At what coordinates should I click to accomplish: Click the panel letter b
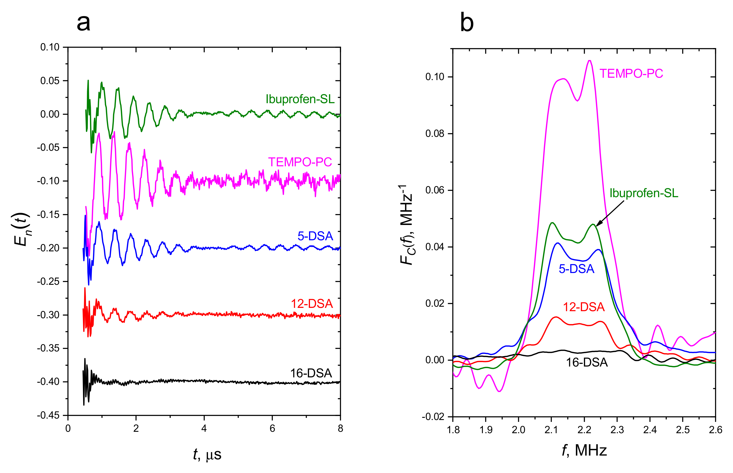(x=467, y=23)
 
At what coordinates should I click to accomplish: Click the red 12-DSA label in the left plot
(x=312, y=304)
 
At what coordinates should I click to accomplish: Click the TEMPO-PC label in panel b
(x=631, y=74)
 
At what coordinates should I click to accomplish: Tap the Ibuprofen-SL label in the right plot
(x=644, y=193)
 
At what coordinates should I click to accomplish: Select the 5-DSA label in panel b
(x=576, y=269)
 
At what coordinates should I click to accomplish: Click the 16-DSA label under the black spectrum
(x=586, y=363)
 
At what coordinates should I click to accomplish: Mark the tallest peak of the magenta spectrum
(x=590, y=61)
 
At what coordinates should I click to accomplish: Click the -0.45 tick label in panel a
(x=48, y=415)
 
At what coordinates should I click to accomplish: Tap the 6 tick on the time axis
(x=272, y=428)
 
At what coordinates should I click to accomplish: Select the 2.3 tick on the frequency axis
(x=617, y=430)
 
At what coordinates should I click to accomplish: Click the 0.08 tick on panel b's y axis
(x=435, y=134)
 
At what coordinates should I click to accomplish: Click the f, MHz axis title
(x=584, y=451)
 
